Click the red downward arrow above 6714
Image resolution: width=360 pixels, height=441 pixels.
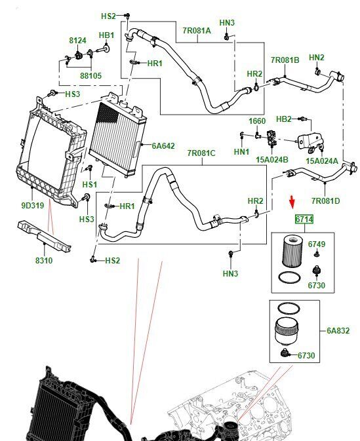292,202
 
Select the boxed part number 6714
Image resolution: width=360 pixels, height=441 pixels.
304,219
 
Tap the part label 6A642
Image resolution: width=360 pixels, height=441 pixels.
163,145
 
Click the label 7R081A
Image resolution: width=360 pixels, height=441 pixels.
197,30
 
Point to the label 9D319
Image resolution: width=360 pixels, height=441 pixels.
33,206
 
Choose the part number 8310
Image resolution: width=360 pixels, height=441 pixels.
44,260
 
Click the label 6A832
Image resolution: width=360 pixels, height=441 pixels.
338,330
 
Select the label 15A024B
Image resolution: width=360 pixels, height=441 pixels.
272,159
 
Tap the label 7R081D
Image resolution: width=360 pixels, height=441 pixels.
326,201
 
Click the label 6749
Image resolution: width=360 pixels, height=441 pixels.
317,244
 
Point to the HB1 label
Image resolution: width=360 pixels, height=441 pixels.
107,35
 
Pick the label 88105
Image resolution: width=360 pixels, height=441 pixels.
90,75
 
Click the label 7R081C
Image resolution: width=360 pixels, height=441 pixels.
201,153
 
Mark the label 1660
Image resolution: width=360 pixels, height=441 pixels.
257,121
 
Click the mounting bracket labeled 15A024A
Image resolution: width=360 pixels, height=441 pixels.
310,142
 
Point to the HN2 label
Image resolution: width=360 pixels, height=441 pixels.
317,58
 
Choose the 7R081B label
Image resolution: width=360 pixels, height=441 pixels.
285,60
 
